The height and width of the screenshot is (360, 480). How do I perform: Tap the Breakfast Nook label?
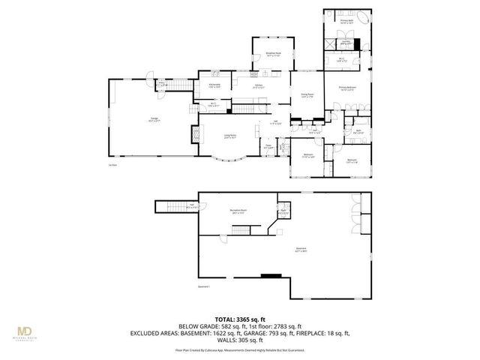273,54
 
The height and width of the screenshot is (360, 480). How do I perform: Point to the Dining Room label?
306,95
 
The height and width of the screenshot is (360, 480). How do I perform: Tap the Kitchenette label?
214,85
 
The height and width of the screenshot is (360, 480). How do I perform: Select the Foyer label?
268,147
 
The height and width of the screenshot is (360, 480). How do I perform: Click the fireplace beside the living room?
196,134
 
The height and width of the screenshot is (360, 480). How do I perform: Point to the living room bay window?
229,158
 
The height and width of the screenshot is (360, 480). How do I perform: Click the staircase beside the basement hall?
174,207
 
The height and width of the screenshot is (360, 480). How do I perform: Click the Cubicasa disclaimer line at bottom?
239,349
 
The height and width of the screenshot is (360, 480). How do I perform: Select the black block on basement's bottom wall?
266,276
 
